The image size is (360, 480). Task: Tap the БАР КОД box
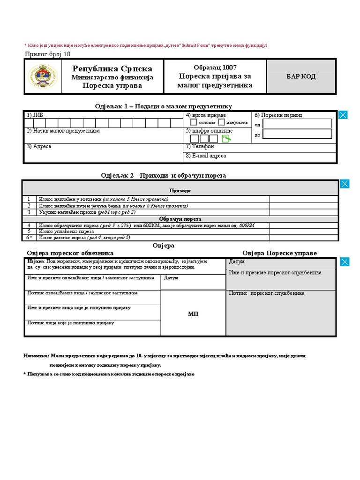tap(301, 76)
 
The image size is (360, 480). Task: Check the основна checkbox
tap(194, 122)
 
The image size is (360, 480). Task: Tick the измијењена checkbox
tap(221, 122)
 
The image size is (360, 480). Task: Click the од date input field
tap(297, 124)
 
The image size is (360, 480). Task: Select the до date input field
tap(297, 134)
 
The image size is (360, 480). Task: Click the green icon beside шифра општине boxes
tap(226, 139)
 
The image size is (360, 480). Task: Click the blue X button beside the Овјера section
tap(345, 262)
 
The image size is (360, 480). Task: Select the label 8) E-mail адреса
tap(206, 156)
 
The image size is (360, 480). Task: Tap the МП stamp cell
tap(193, 314)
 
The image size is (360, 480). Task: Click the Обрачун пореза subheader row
tap(180, 219)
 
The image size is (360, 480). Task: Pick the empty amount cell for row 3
tap(303, 212)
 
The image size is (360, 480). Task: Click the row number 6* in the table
tap(30, 238)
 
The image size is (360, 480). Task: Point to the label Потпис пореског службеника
tap(267, 293)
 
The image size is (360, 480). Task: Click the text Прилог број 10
tap(47, 53)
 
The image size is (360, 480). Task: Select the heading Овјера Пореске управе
tap(279, 253)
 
